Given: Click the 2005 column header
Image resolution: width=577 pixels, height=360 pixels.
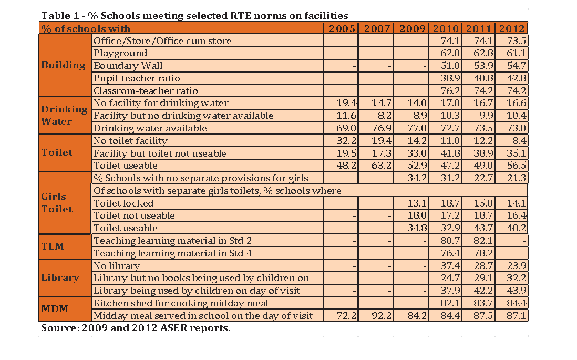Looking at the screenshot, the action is click(x=342, y=29).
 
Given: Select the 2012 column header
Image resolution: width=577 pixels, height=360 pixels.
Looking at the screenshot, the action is click(x=511, y=29).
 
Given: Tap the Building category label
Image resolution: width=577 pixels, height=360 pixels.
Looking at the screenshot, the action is click(x=63, y=65).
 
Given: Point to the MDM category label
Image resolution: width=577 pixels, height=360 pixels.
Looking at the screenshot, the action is click(x=55, y=308).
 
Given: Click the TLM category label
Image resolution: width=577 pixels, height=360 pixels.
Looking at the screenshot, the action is click(x=53, y=246).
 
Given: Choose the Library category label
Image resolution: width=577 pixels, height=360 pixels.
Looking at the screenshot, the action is click(x=60, y=277).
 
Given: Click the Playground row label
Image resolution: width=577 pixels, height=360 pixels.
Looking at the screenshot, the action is click(x=120, y=54).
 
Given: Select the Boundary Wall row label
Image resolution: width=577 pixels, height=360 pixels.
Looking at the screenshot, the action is click(x=128, y=66).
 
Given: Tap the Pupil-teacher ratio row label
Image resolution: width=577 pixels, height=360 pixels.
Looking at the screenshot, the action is click(x=137, y=78).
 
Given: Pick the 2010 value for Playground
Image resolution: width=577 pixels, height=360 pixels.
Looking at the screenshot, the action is click(x=450, y=54).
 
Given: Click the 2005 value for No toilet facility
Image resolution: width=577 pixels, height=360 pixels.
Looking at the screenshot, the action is click(x=347, y=141).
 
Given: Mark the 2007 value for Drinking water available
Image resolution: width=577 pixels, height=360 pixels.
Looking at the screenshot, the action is click(x=382, y=128).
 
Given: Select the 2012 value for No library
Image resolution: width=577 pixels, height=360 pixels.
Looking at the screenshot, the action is click(x=517, y=266).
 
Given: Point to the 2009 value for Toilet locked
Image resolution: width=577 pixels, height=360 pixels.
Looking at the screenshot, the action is click(x=417, y=203).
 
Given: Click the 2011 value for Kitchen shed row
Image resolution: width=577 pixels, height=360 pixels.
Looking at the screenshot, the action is click(x=483, y=303).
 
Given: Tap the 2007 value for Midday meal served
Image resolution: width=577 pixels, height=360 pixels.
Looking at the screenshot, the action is click(x=382, y=316).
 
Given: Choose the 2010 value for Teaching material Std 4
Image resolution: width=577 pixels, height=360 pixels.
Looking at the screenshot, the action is click(x=450, y=253).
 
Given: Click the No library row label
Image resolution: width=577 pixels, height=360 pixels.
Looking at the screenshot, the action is click(x=117, y=266).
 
